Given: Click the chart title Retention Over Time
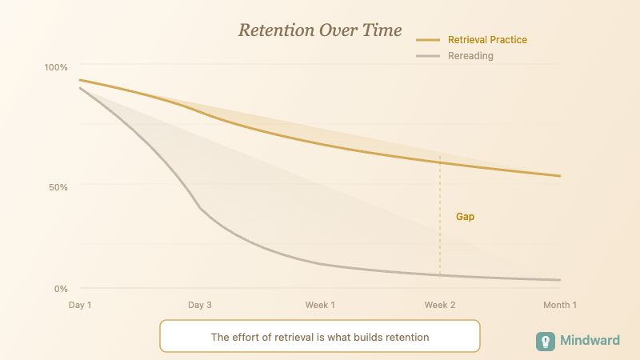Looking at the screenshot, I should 319,30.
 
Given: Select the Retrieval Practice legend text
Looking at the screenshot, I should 487,39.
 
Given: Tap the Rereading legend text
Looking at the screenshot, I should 470,56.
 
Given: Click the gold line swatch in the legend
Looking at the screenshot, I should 429,39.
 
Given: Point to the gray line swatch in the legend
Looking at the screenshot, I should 429,56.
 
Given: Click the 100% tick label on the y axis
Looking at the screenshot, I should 55,66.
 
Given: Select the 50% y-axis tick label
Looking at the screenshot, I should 58,186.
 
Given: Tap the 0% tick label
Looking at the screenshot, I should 61,288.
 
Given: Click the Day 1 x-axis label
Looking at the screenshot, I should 80,305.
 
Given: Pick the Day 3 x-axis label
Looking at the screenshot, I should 200,305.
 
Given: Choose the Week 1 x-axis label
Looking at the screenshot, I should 320,305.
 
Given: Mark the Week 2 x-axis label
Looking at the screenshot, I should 440,305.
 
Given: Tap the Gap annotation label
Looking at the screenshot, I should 465,217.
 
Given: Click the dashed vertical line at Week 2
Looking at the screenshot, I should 440,240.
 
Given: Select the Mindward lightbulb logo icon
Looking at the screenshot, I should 546,341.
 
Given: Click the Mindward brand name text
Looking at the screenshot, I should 590,341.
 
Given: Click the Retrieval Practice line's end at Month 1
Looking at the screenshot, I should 559,176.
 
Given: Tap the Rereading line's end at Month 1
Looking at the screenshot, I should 559,280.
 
